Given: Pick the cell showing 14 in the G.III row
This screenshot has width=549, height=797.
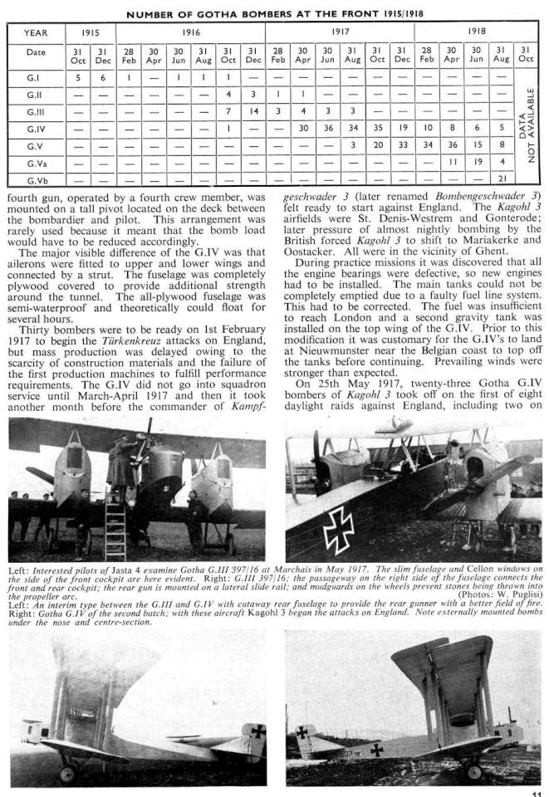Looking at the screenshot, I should (x=254, y=111).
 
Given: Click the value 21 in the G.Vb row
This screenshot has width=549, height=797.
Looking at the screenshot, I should (x=501, y=178).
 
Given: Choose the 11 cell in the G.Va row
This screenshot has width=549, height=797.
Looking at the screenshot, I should (x=451, y=163).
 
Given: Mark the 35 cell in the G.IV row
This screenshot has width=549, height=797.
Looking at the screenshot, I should (x=377, y=130).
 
